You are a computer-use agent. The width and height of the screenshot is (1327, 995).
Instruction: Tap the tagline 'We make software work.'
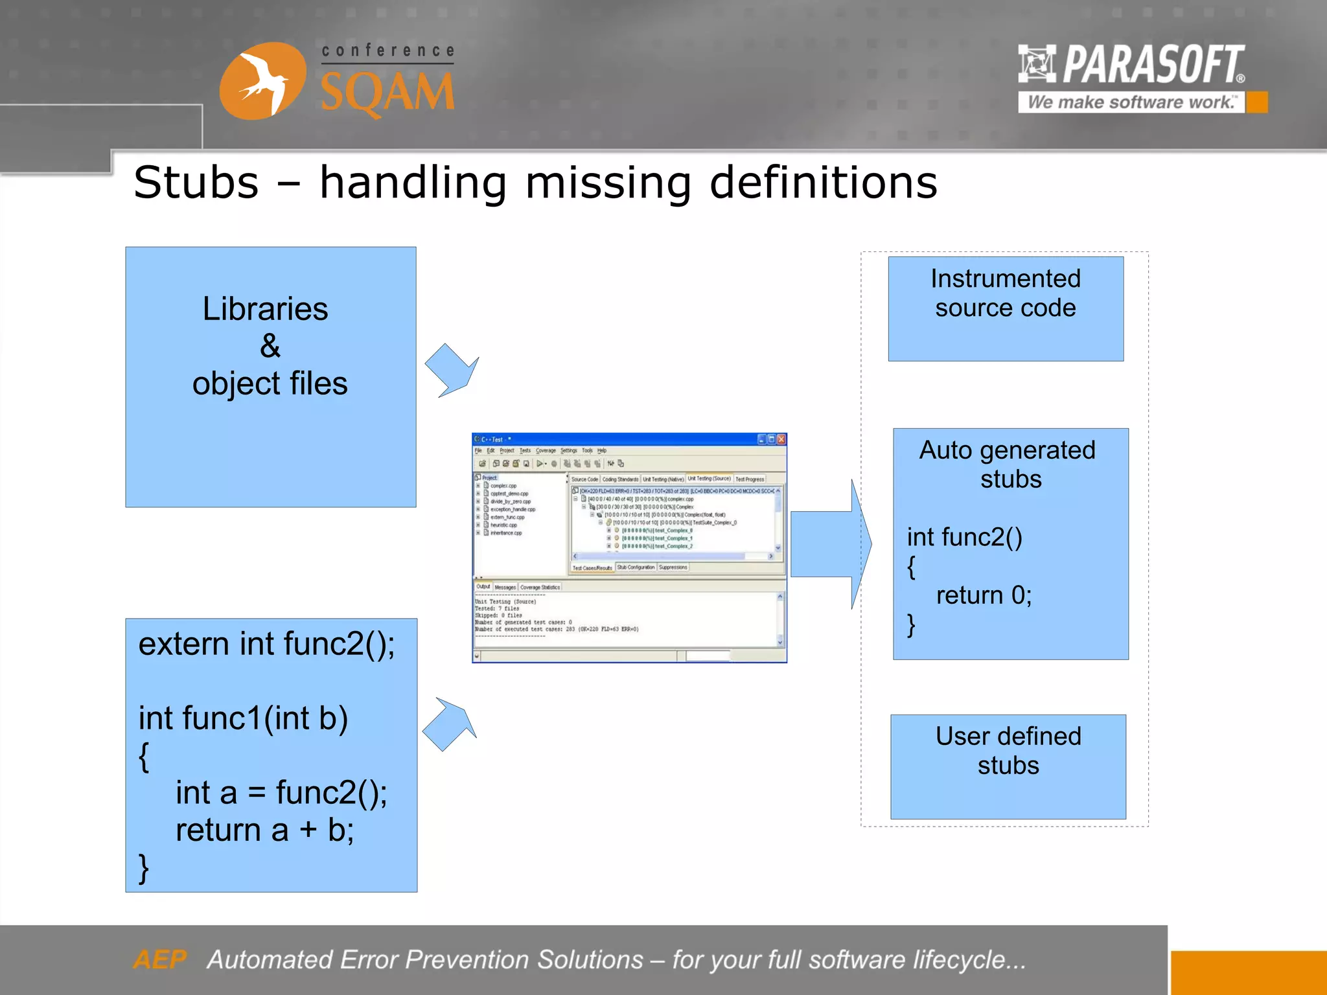pos(1130,102)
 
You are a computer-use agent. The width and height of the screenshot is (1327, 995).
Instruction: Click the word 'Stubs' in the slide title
pos(196,183)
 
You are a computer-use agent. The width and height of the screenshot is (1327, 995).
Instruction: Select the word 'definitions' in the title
pos(823,183)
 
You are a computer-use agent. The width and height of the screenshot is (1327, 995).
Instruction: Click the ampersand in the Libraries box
pos(270,346)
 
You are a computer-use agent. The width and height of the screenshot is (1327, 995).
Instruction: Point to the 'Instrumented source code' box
pos(1005,308)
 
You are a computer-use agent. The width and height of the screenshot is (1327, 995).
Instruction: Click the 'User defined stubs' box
pos(1008,766)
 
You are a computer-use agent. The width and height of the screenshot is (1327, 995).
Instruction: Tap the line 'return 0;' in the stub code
pos(983,595)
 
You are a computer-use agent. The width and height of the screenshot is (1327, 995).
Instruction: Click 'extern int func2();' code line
pos(266,644)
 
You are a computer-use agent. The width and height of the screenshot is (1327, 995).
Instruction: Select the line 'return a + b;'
pos(264,830)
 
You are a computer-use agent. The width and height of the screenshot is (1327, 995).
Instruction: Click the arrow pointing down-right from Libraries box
pos(452,369)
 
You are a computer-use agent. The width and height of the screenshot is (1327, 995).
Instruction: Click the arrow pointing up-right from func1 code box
pos(450,724)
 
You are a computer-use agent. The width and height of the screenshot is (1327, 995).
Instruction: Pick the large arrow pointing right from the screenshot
pos(829,544)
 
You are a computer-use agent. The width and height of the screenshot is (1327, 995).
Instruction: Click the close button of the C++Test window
pos(781,439)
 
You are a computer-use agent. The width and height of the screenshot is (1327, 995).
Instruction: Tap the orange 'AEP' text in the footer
pos(159,959)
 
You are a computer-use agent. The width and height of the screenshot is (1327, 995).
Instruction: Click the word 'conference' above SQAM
pos(387,51)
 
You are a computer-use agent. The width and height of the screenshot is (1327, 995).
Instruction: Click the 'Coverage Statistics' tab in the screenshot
pos(540,588)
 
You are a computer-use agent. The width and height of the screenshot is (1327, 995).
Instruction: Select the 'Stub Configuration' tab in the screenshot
pos(635,567)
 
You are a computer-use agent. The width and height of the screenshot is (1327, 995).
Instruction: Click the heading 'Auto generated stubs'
pos(1008,464)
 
